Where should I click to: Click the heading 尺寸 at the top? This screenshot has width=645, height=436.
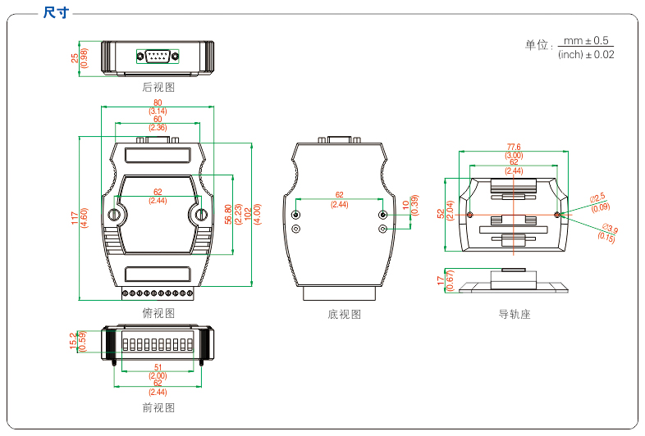pyautogui.click(x=55, y=12)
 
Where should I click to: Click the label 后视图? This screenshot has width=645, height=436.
pyautogui.click(x=158, y=87)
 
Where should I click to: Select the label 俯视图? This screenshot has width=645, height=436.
pyautogui.click(x=158, y=313)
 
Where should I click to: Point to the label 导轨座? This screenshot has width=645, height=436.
pyautogui.click(x=515, y=314)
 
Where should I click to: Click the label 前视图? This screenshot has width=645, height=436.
pyautogui.click(x=158, y=407)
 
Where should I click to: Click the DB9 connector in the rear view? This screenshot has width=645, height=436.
pyautogui.click(x=158, y=56)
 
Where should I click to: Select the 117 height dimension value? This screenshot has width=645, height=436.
pyautogui.click(x=74, y=218)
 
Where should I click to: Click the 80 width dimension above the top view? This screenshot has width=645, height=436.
pyautogui.click(x=158, y=102)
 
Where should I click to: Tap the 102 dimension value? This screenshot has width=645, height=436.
pyautogui.click(x=249, y=211)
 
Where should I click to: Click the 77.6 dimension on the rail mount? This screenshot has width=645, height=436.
pyautogui.click(x=514, y=148)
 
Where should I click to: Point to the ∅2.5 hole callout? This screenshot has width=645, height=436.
pyautogui.click(x=597, y=197)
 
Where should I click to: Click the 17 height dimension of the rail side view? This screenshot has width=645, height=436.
pyautogui.click(x=441, y=280)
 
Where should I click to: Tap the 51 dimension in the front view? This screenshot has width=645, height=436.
pyautogui.click(x=158, y=368)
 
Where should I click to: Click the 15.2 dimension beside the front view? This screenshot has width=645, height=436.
pyautogui.click(x=74, y=341)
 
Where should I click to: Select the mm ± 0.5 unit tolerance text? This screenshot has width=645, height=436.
pyautogui.click(x=586, y=40)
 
